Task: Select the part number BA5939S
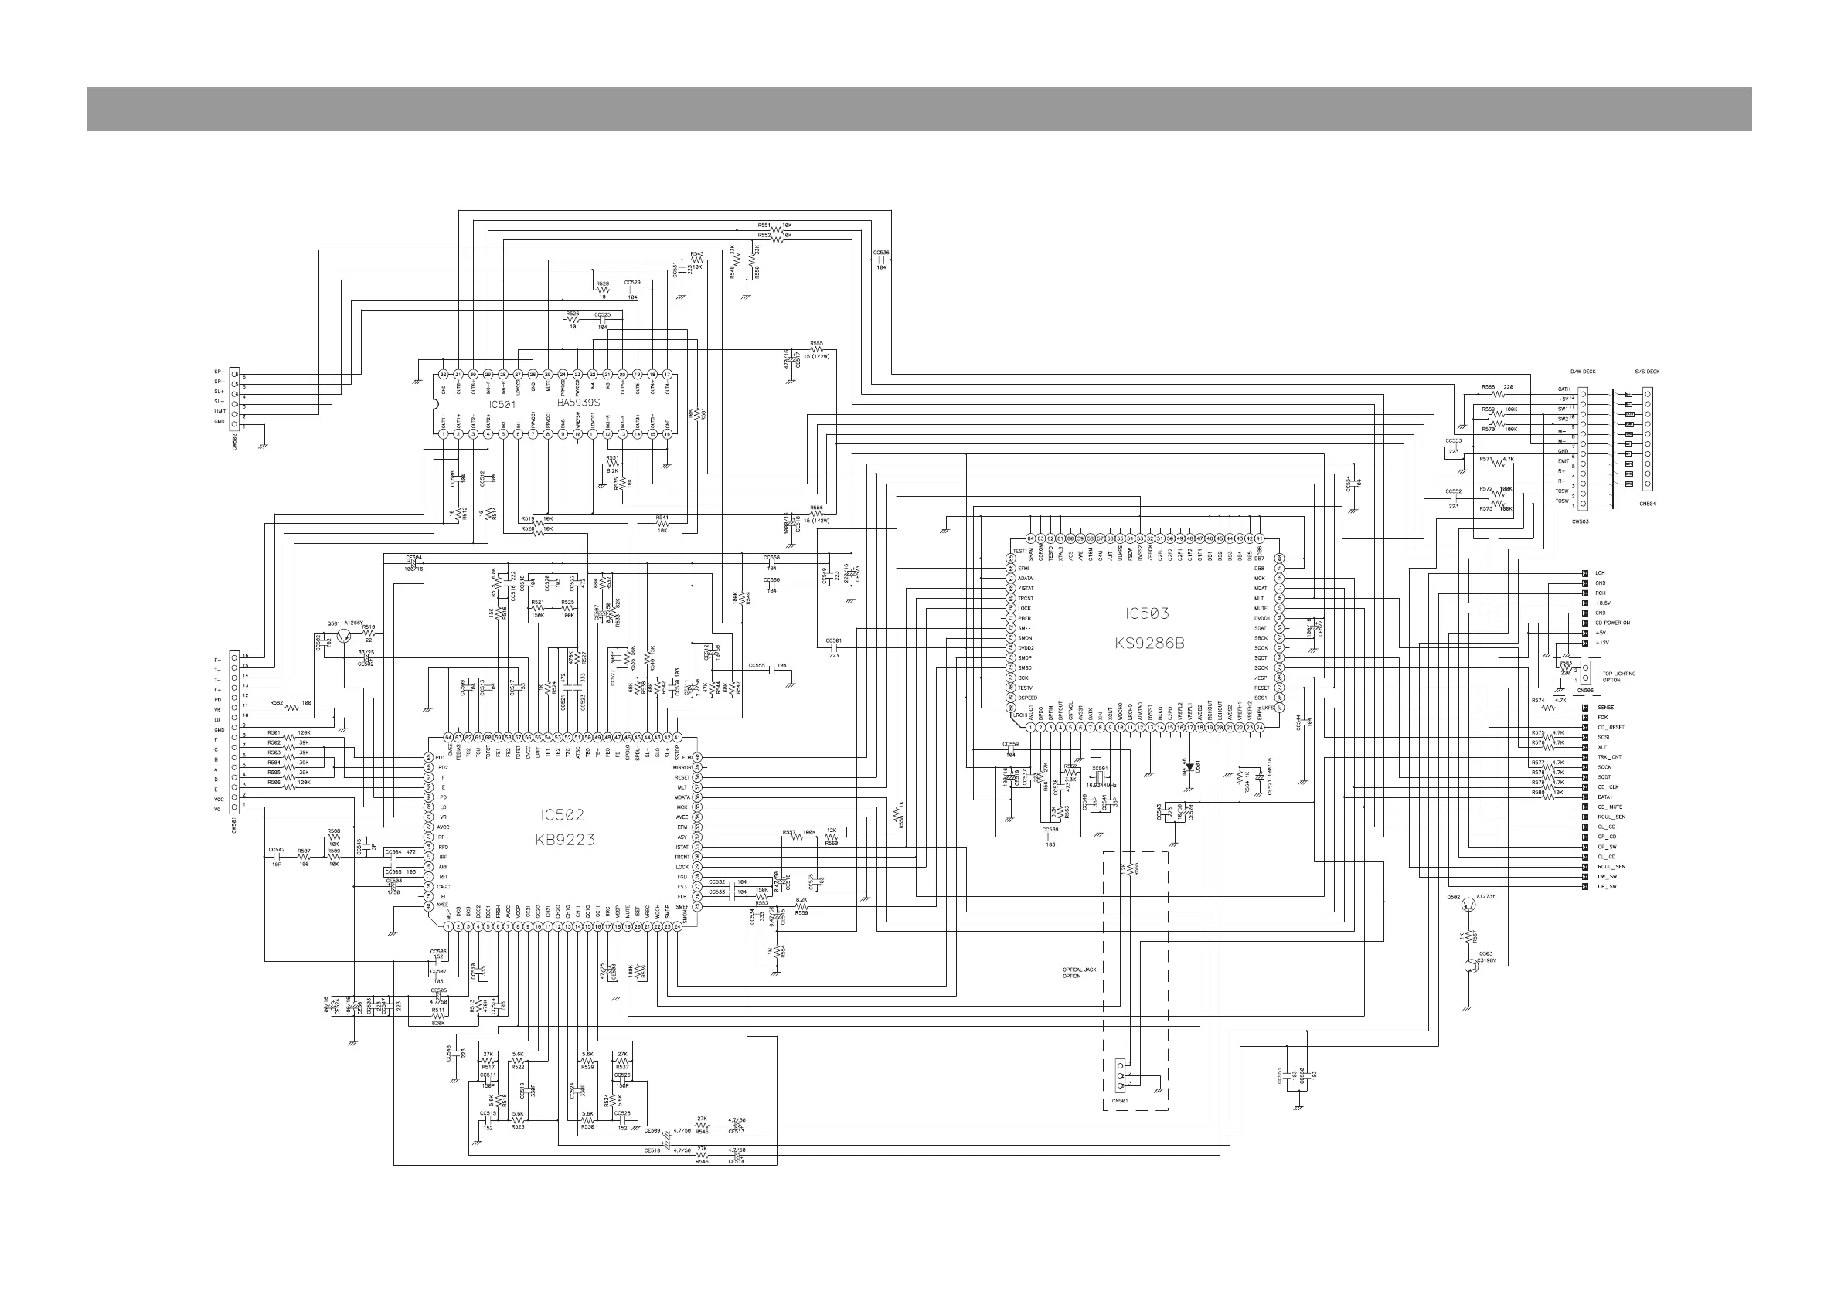tap(578, 403)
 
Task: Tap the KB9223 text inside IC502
tap(565, 840)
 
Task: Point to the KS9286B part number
tap(1149, 643)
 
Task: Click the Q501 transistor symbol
tap(343, 636)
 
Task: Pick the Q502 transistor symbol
tap(1468, 904)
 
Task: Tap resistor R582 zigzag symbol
tap(292, 707)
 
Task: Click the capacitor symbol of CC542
tap(276, 857)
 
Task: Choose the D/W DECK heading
tap(1582, 372)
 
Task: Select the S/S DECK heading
tap(1647, 372)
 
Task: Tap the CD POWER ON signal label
tap(1612, 623)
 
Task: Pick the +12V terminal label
tap(1603, 642)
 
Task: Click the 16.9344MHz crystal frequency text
tap(1101, 785)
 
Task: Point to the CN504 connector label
tap(1647, 504)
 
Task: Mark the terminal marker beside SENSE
tap(1584, 708)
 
